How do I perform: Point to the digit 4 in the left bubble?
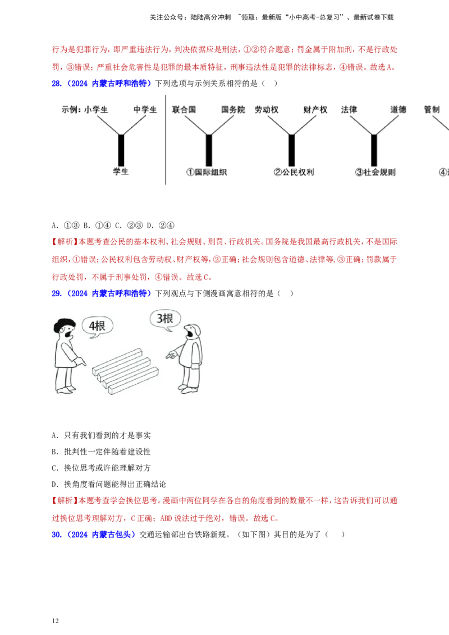pos(93,326)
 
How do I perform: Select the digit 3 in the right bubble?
pos(161,319)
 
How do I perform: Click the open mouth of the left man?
pos(68,335)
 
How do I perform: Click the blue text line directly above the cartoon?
pos(101,293)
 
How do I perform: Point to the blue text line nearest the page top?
pos(101,84)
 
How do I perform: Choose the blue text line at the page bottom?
pos(94,535)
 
